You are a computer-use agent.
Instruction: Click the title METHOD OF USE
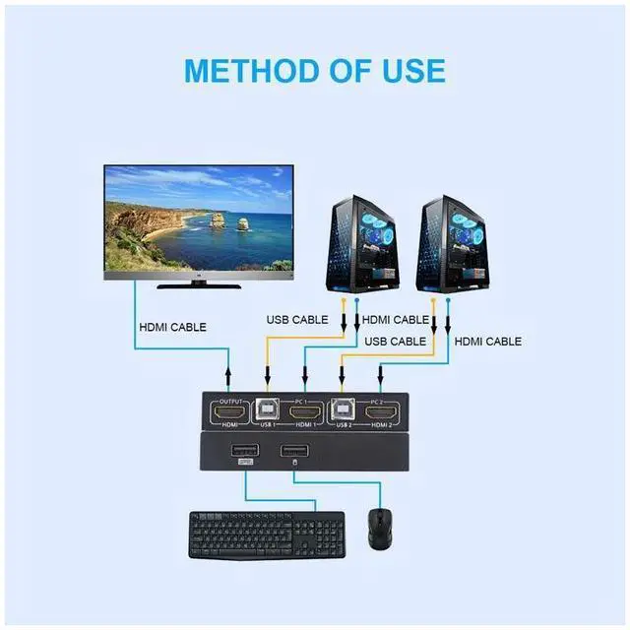tap(314, 71)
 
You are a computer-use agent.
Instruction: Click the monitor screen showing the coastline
tap(199, 218)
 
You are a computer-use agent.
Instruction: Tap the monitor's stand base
tap(200, 285)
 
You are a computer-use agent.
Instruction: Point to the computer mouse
tap(380, 530)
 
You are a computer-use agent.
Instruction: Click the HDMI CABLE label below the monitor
tap(173, 327)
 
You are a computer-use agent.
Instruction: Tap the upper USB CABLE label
tap(297, 320)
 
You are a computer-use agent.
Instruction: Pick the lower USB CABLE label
tap(395, 342)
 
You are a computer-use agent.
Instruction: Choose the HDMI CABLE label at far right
tap(487, 342)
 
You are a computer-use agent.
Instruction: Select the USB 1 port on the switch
tap(266, 410)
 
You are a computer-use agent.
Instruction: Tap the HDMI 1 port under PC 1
tap(305, 411)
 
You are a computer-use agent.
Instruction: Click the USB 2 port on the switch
tap(342, 410)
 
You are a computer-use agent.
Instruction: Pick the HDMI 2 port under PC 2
tap(380, 411)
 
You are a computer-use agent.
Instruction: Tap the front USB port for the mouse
tap(293, 452)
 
